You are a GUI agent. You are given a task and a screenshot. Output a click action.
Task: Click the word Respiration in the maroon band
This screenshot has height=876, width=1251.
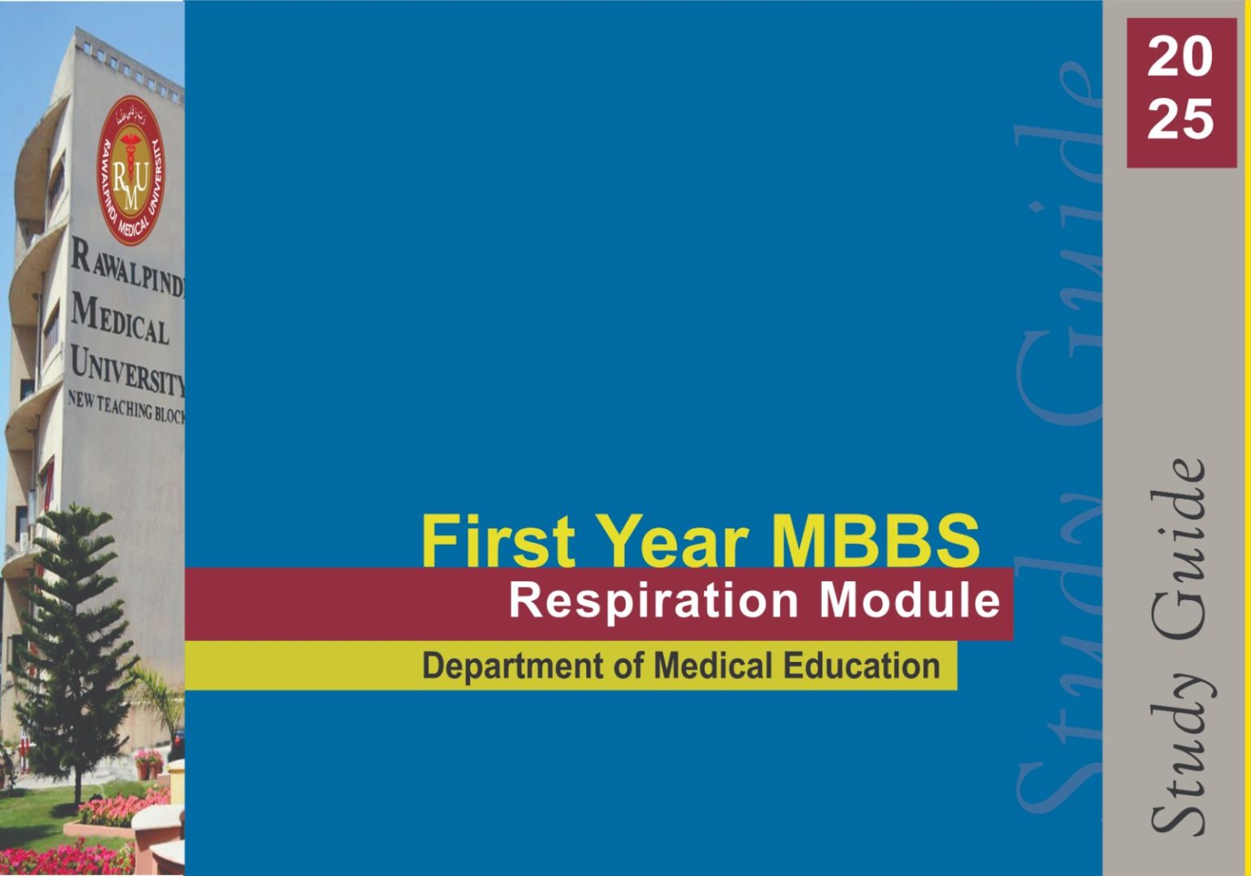click(x=654, y=603)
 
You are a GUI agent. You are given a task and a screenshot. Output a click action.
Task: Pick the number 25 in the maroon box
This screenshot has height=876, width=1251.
click(x=1180, y=119)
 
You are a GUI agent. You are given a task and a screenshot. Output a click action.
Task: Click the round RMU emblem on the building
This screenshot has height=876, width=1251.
click(x=130, y=170)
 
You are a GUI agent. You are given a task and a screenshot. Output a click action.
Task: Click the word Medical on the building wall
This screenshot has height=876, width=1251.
click(x=120, y=321)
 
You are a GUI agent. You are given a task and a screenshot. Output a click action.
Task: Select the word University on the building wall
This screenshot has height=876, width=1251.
click(x=127, y=370)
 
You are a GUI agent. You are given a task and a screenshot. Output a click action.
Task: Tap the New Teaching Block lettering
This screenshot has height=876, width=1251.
click(x=125, y=407)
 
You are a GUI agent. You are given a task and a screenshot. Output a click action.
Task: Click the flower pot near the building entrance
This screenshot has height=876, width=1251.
click(x=148, y=765)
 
